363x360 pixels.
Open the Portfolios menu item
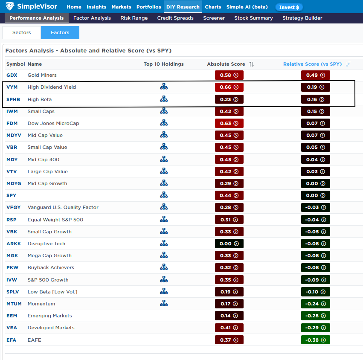[x=148, y=7]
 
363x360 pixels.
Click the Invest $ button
[x=289, y=7]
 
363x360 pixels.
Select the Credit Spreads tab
[x=175, y=18]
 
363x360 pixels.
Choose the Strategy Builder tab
[x=302, y=18]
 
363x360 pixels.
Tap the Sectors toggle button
[x=22, y=32]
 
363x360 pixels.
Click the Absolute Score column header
[x=226, y=64]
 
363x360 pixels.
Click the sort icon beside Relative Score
[x=348, y=64]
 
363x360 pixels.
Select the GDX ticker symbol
[x=12, y=75]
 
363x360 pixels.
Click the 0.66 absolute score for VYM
[x=229, y=87]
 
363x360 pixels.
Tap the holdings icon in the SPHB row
[x=164, y=99]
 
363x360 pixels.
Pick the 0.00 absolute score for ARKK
[x=229, y=244]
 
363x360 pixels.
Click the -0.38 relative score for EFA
[x=315, y=340]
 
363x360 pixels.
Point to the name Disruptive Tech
[x=46, y=244]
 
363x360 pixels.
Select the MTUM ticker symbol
[x=14, y=304]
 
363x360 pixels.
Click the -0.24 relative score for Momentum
[x=315, y=304]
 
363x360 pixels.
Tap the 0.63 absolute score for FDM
[x=229, y=123]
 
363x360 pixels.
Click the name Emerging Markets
[x=50, y=316]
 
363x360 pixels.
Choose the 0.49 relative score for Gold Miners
[x=315, y=75]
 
